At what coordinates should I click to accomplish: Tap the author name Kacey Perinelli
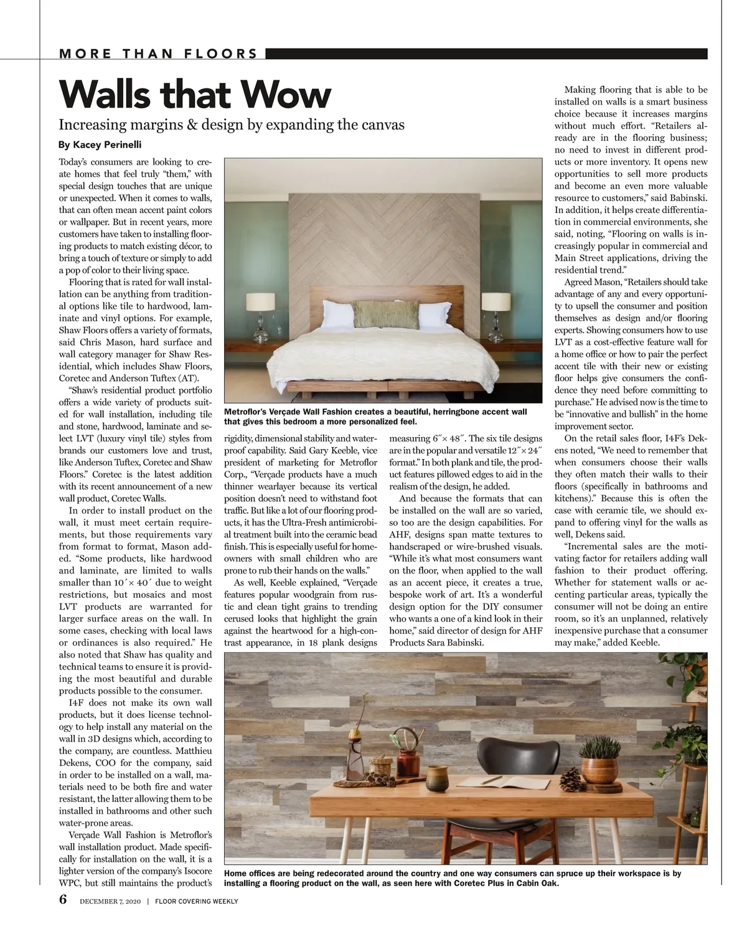[x=100, y=145]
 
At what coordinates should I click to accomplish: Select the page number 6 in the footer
[x=63, y=901]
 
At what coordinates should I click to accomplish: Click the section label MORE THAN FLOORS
[x=158, y=54]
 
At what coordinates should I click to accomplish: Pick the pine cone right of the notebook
[x=571, y=778]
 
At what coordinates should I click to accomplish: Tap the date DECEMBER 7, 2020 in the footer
[x=111, y=902]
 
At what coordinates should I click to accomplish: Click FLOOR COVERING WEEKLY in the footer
[x=197, y=902]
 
